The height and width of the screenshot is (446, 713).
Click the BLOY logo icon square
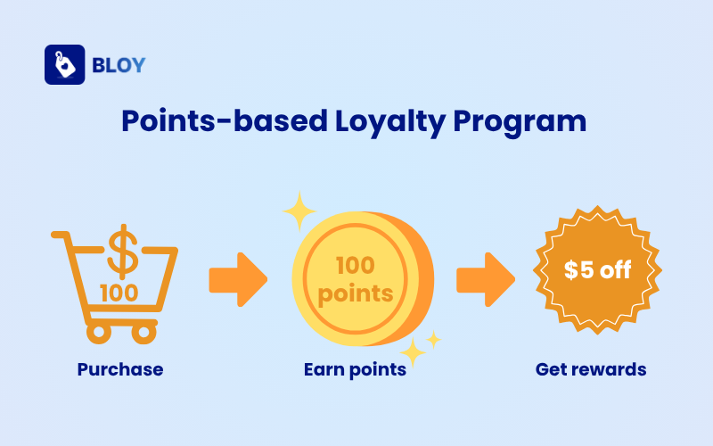click(64, 65)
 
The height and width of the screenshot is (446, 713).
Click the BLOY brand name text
click(119, 65)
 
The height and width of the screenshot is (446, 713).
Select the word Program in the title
click(526, 121)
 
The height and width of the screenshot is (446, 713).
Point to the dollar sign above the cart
click(121, 251)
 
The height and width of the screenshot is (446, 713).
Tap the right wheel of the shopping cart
click(143, 333)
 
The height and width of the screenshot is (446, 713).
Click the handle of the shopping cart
click(61, 235)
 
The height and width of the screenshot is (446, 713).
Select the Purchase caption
click(120, 369)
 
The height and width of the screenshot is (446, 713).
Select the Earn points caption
click(355, 369)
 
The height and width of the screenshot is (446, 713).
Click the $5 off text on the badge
click(597, 270)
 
